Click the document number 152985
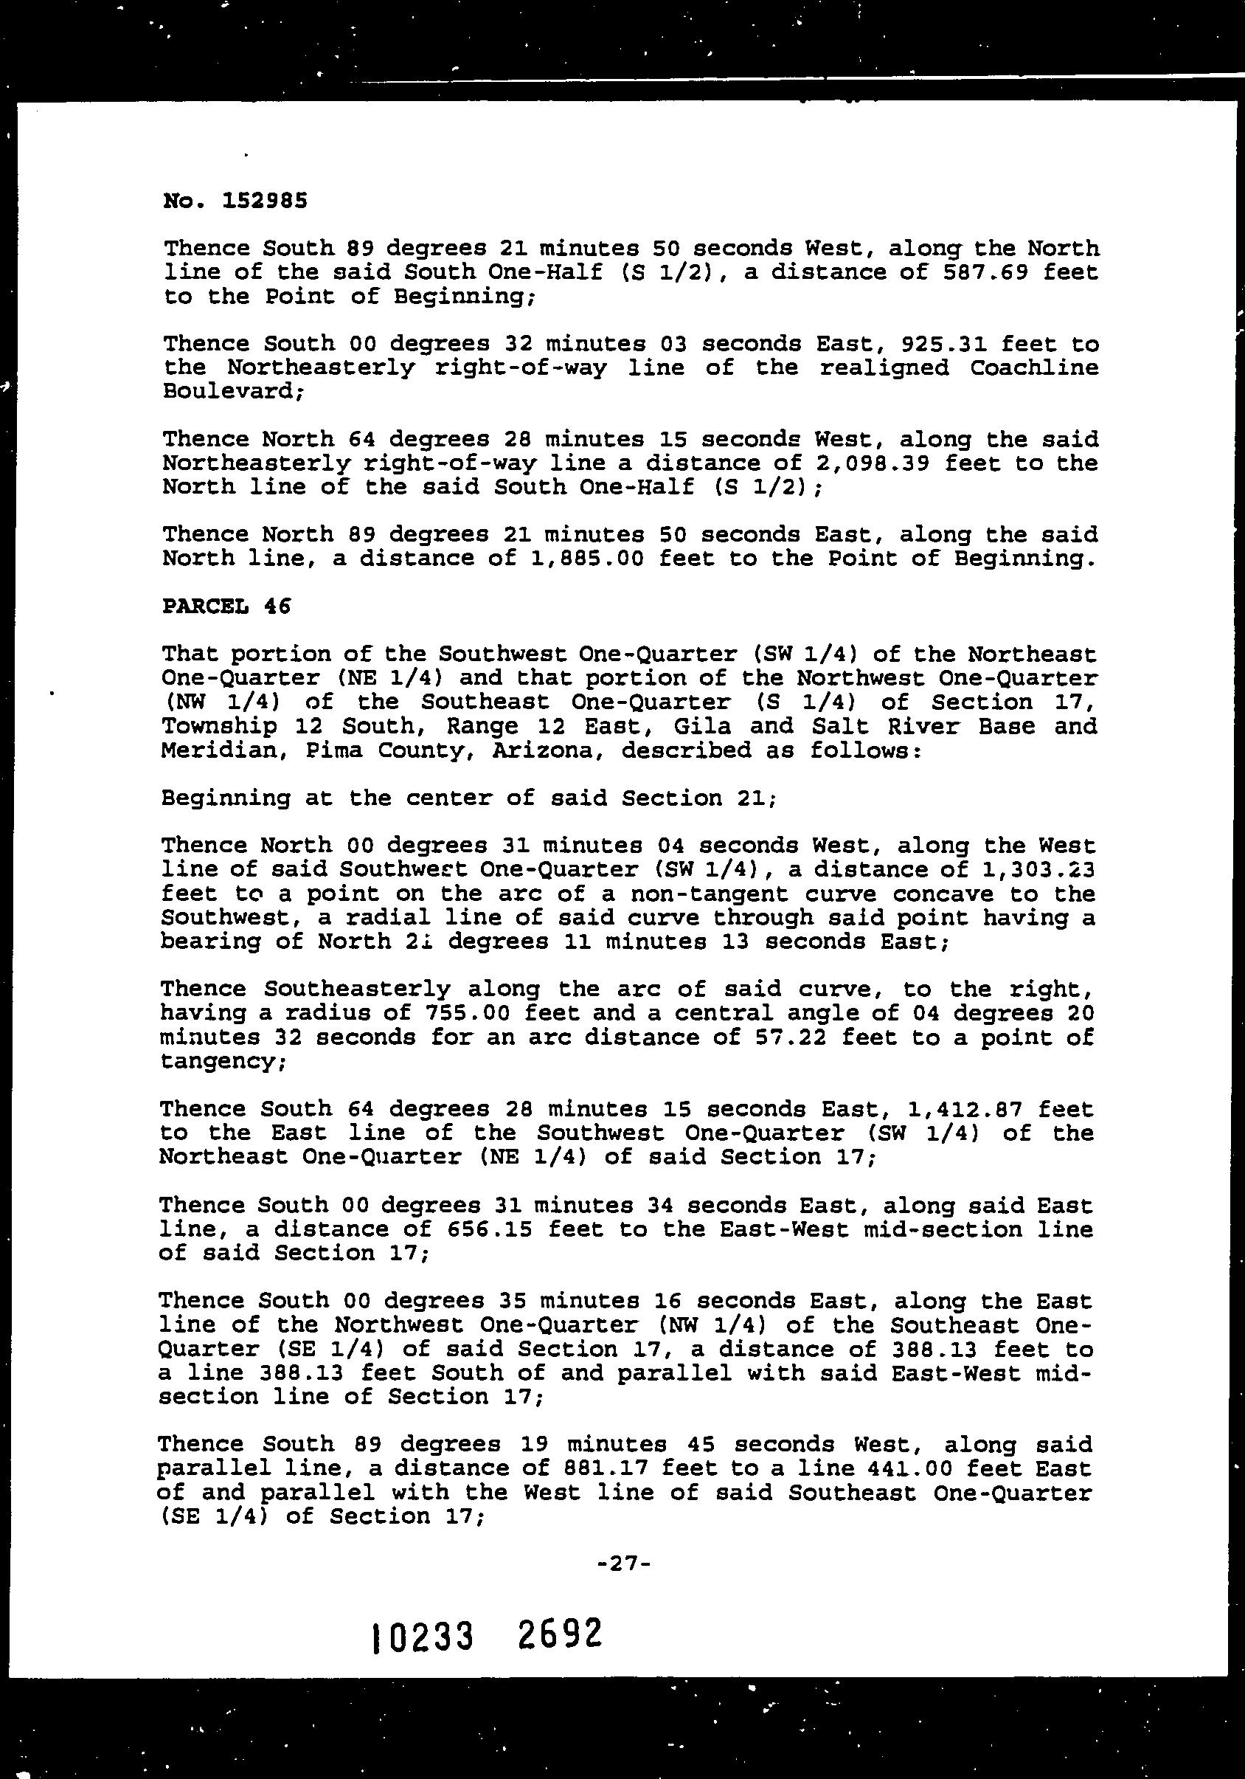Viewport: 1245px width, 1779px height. tap(264, 201)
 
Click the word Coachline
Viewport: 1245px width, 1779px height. tap(1033, 367)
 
